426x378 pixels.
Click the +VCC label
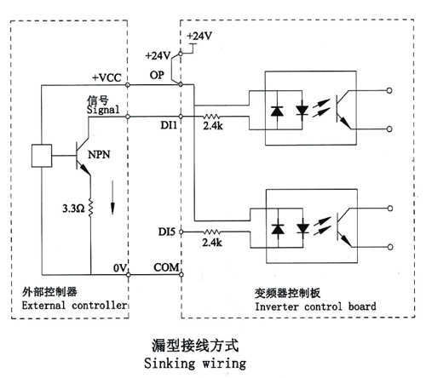(x=106, y=77)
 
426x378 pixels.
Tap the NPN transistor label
(x=99, y=155)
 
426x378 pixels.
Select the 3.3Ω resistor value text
(x=73, y=209)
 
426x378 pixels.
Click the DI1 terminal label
(x=169, y=125)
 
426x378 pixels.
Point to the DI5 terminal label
(x=167, y=232)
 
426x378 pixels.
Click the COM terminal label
(x=166, y=267)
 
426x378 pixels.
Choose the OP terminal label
(x=157, y=75)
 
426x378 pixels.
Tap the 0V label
(x=119, y=268)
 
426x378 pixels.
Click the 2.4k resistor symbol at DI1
(x=211, y=117)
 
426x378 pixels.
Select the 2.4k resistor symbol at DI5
(x=211, y=232)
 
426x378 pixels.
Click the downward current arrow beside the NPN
(x=112, y=198)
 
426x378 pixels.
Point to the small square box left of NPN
(x=42, y=156)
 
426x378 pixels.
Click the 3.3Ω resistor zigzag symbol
(x=90, y=208)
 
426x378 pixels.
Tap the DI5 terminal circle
(x=181, y=232)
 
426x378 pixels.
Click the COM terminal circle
(x=181, y=274)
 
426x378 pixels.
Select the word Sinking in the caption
(x=170, y=364)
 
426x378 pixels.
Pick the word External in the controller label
(x=43, y=306)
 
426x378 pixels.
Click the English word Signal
(x=103, y=110)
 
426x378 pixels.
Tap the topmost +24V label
(x=199, y=36)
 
